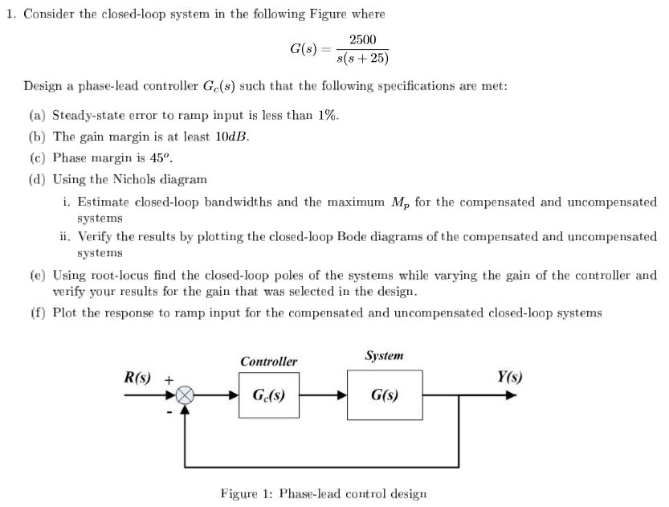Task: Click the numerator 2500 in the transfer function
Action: pyautogui.click(x=363, y=40)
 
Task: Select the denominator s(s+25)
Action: pyautogui.click(x=363, y=59)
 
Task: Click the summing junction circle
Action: pyautogui.click(x=186, y=395)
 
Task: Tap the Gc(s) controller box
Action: pyautogui.click(x=268, y=395)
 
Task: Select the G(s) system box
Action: pyautogui.click(x=384, y=395)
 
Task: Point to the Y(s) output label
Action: pyautogui.click(x=509, y=377)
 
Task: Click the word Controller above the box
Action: pyautogui.click(x=268, y=362)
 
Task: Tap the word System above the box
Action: pyautogui.click(x=384, y=355)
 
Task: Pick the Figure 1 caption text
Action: pyautogui.click(x=323, y=493)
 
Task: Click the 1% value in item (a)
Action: pyautogui.click(x=325, y=115)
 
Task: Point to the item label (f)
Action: pyautogui.click(x=37, y=313)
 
